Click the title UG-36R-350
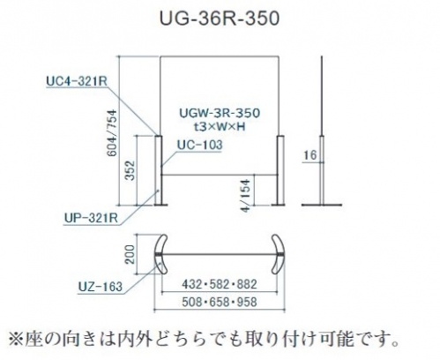coord(220,19)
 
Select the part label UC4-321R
coord(77,81)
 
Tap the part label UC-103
coord(200,145)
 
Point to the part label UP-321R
coord(91,218)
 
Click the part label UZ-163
coord(101,286)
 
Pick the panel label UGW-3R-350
coord(220,113)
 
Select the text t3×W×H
coord(220,126)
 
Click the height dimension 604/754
coord(112,133)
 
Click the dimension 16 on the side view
coord(310,155)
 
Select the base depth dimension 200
coord(130,254)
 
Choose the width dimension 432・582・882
coord(220,284)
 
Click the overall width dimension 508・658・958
coord(220,302)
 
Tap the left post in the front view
coord(158,170)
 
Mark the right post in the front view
coord(280,170)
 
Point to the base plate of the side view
coord(322,205)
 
